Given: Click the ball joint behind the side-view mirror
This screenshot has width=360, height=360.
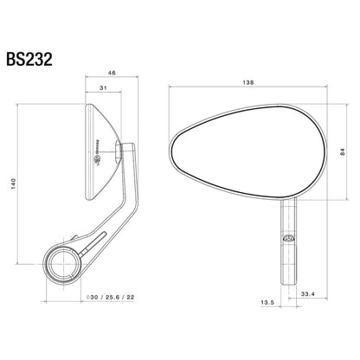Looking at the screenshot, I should (131, 151).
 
